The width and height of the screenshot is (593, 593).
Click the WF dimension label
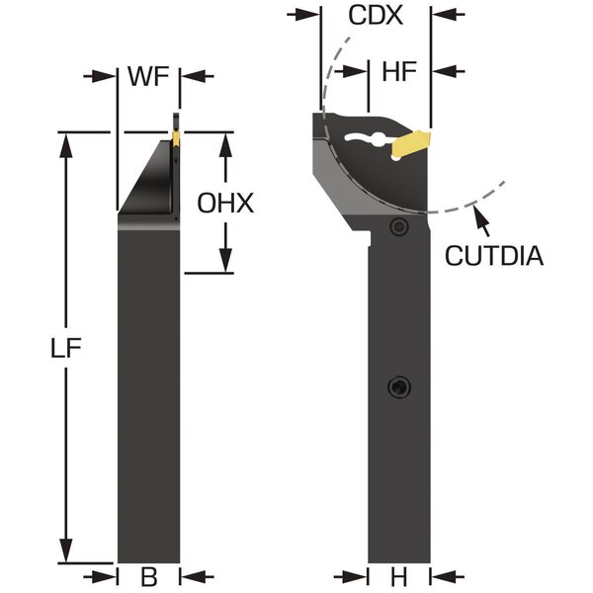click(x=149, y=75)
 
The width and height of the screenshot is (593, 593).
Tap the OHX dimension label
click(x=226, y=204)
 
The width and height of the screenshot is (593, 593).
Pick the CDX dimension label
click(x=376, y=16)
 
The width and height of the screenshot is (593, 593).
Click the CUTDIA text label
click(x=493, y=256)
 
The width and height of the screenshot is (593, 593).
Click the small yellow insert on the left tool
click(x=175, y=137)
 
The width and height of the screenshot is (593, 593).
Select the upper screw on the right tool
click(x=398, y=227)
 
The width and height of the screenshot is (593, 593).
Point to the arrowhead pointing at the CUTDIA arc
click(x=478, y=210)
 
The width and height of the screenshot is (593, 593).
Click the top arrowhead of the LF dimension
click(x=68, y=140)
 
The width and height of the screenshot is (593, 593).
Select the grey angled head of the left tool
click(x=148, y=183)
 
